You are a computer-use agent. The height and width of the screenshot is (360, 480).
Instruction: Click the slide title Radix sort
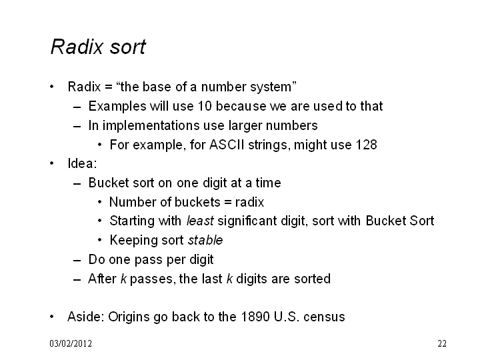point(98,47)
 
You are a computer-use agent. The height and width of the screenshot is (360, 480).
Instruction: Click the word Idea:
point(82,163)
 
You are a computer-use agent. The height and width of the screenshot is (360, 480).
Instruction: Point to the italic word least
point(200,221)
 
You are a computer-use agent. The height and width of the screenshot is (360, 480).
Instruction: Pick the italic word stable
point(205,240)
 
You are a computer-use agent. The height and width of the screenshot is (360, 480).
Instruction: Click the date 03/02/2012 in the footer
point(71,343)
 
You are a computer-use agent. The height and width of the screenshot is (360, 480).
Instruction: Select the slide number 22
point(442,343)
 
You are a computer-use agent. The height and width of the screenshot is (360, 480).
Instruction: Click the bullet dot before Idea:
point(52,163)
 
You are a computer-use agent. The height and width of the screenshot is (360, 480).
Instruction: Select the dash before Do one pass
point(77,261)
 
